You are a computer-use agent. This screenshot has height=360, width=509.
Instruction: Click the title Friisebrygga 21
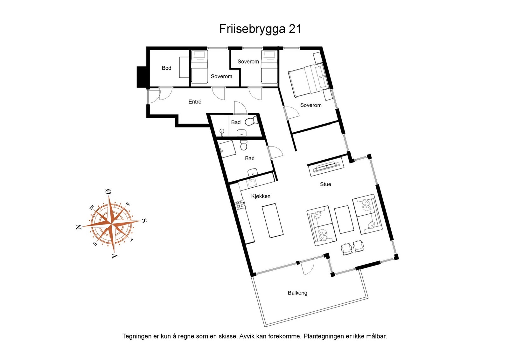click(x=260, y=29)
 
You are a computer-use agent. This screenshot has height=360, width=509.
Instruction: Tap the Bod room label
click(x=166, y=68)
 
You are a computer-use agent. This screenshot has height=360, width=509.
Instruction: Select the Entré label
click(x=195, y=102)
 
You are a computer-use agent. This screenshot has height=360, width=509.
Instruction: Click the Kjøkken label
click(x=261, y=196)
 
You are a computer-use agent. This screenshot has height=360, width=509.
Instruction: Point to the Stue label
click(x=325, y=184)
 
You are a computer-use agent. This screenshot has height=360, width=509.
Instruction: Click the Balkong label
click(x=297, y=293)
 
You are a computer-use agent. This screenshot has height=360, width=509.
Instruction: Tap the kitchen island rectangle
click(x=272, y=221)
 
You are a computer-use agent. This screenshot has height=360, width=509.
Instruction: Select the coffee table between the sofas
click(x=344, y=220)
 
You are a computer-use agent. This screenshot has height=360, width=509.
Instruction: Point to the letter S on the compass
click(x=144, y=220)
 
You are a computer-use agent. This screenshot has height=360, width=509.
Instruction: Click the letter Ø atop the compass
click(x=108, y=192)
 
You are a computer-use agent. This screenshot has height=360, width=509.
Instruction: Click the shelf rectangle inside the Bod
click(x=184, y=67)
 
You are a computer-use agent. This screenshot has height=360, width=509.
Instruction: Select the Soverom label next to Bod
click(x=221, y=76)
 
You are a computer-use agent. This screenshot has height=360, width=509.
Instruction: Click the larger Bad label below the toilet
click(x=250, y=158)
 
